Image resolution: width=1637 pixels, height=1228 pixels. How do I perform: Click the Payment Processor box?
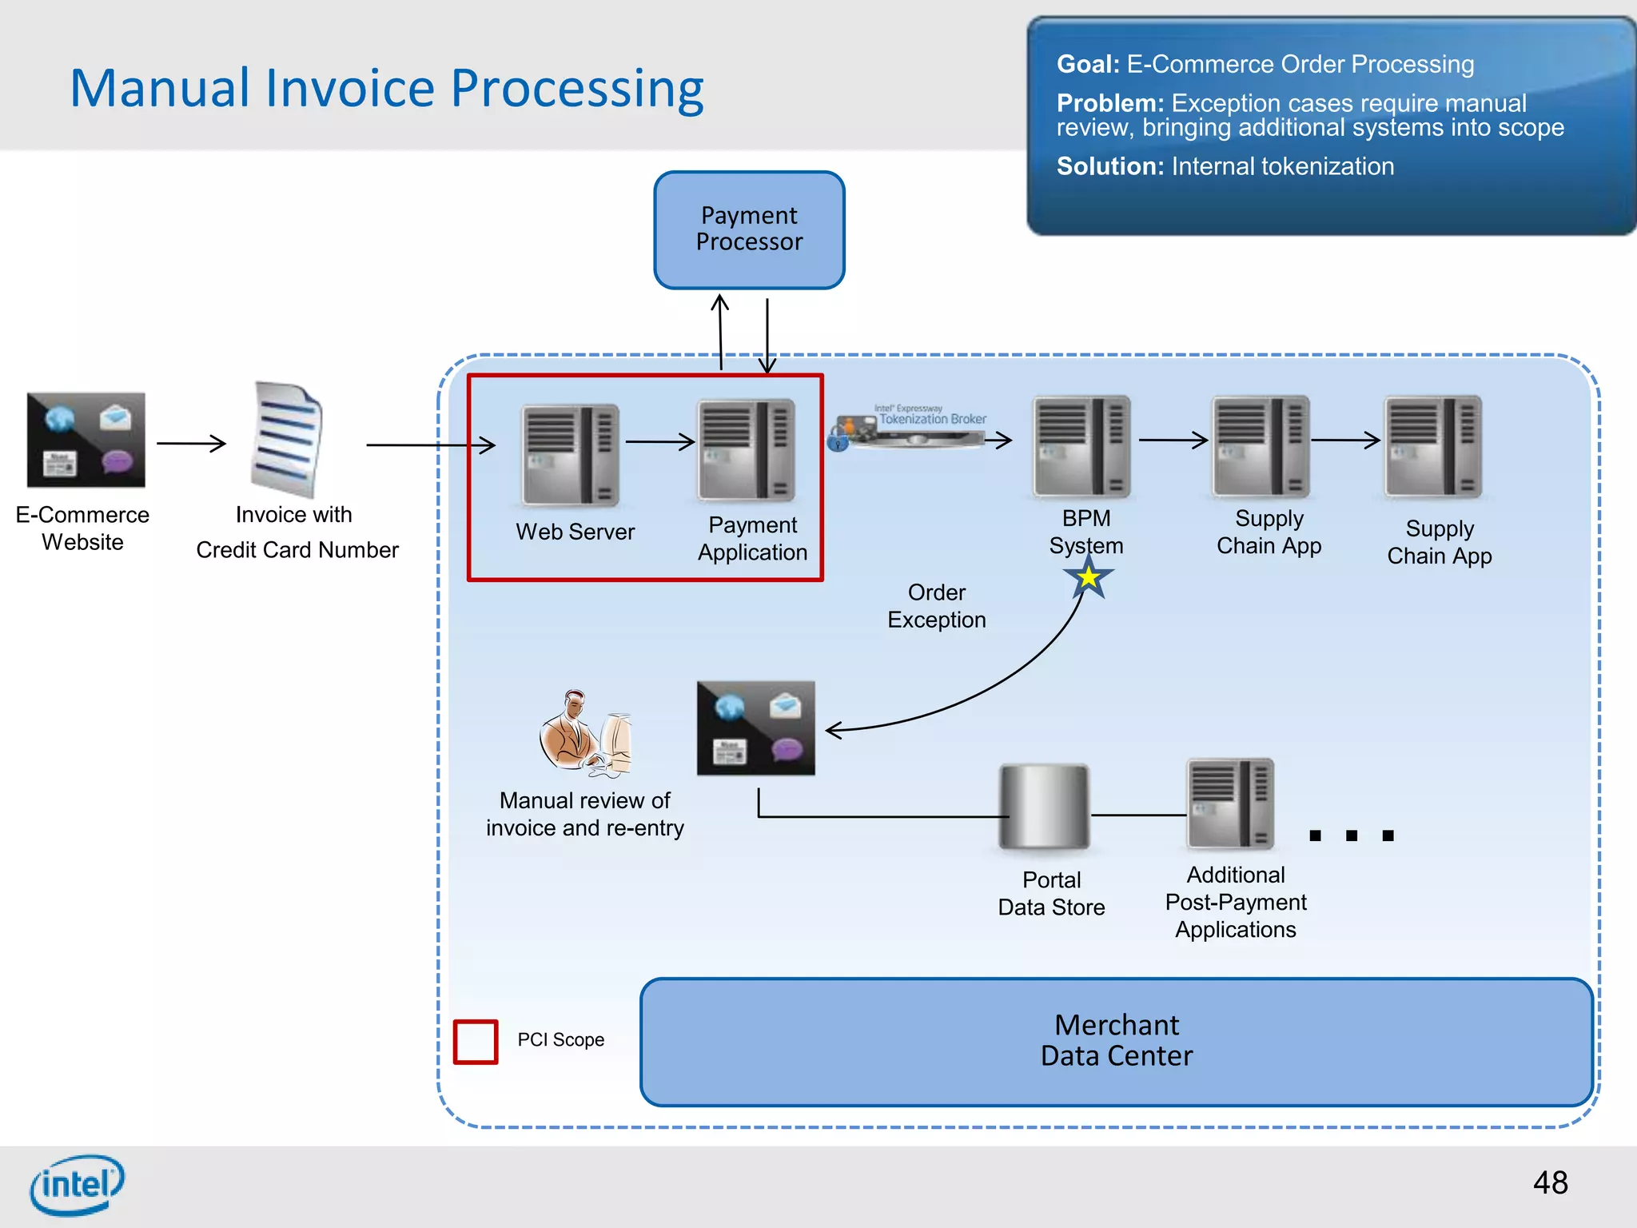click(x=749, y=229)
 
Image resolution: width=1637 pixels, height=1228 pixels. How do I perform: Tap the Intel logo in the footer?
click(x=77, y=1184)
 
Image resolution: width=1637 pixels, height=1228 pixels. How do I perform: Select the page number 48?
click(x=1550, y=1182)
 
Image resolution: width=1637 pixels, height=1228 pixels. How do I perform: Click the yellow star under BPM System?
click(x=1088, y=577)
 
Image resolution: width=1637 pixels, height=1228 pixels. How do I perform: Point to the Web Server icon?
click(x=570, y=455)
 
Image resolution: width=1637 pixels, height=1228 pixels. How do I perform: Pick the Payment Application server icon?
click(x=747, y=449)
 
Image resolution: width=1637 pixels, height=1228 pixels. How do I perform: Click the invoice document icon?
click(x=287, y=440)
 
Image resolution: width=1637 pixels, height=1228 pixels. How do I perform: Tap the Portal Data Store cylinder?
click(x=1044, y=807)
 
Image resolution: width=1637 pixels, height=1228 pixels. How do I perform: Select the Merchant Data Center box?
click(x=1116, y=1041)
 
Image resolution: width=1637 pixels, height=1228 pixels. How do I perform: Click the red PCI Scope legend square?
click(x=476, y=1041)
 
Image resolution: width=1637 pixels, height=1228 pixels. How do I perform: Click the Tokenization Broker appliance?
click(x=911, y=428)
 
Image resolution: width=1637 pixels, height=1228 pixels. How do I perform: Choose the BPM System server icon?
click(x=1081, y=447)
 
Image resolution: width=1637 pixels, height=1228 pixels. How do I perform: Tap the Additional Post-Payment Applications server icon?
click(x=1230, y=803)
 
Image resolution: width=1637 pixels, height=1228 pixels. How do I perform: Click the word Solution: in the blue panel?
click(x=1109, y=166)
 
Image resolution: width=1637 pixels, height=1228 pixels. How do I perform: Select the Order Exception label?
click(x=936, y=606)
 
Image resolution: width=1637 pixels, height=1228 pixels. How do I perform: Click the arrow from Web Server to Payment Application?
click(x=659, y=441)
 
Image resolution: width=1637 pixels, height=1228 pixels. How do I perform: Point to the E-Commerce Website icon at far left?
click(x=86, y=440)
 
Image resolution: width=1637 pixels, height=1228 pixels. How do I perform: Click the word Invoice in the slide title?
click(x=349, y=88)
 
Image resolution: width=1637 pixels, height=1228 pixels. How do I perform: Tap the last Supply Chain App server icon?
click(x=1433, y=447)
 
